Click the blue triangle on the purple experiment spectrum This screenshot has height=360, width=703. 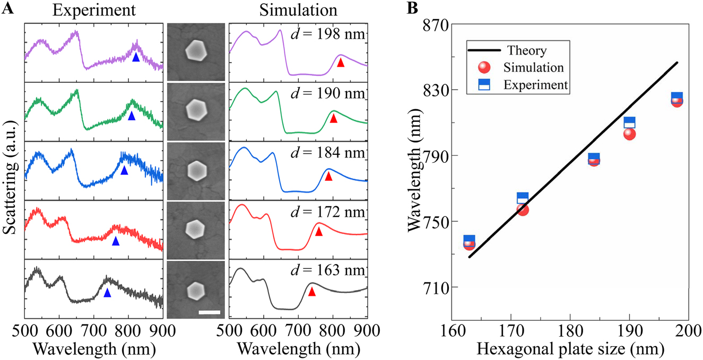click(136, 57)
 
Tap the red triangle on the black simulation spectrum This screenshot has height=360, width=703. click(312, 292)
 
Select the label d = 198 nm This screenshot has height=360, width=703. click(328, 36)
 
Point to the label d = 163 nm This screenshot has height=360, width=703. click(328, 270)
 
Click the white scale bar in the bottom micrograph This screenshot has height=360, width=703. click(209, 312)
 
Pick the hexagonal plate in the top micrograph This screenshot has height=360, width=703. click(196, 50)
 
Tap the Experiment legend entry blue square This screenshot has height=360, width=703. click(483, 85)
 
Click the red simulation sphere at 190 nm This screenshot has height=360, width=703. click(630, 134)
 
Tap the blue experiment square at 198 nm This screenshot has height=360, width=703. click(677, 98)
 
